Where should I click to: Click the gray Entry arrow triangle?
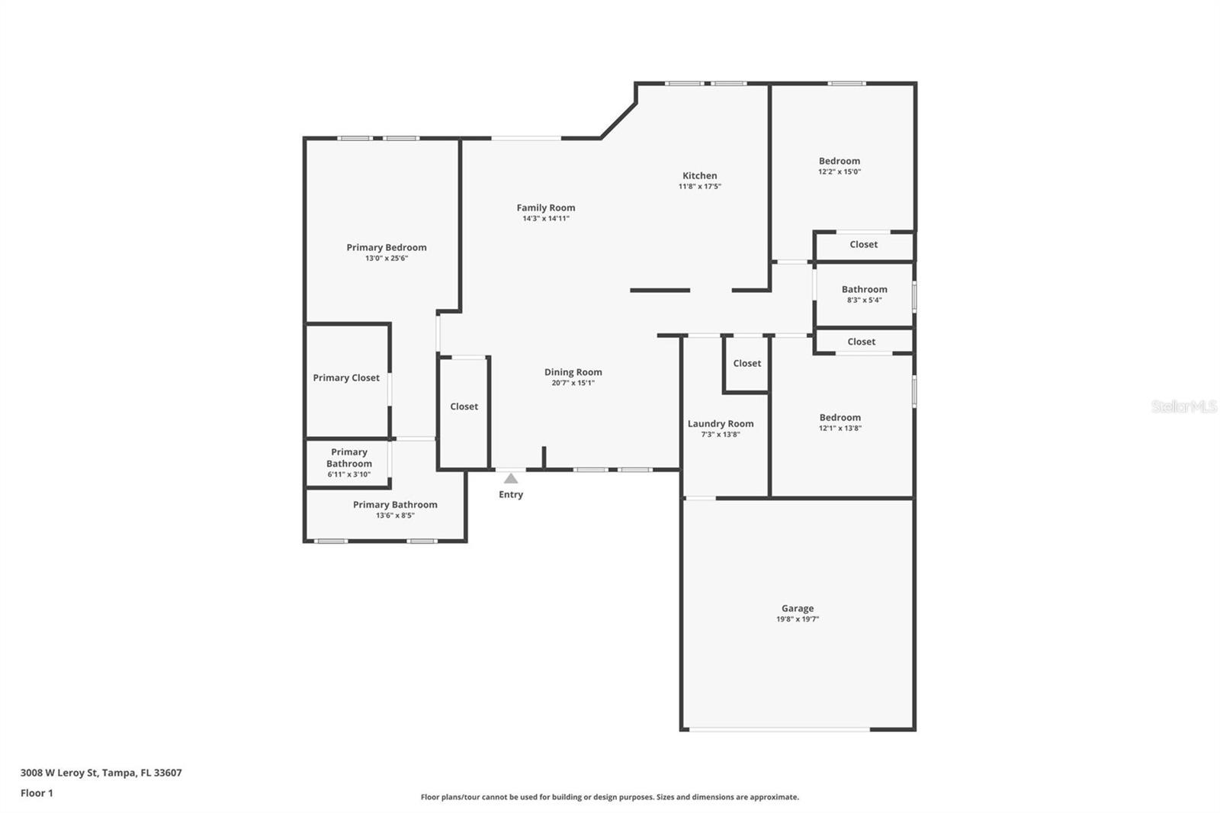[x=511, y=479]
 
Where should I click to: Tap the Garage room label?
[x=797, y=609]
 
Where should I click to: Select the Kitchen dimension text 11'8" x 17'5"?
[x=699, y=187]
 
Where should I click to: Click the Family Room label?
[x=545, y=207]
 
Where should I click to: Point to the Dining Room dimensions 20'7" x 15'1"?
[x=573, y=383]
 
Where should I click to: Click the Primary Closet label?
[x=346, y=378]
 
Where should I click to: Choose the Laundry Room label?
[x=720, y=423]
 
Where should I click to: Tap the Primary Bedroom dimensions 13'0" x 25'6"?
[x=387, y=259]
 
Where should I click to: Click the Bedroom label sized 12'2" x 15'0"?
[x=839, y=161]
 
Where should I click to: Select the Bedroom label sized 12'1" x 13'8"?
[x=840, y=417]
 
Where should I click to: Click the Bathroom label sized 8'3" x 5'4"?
[x=864, y=289]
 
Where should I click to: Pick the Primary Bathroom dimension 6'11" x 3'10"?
[x=348, y=474]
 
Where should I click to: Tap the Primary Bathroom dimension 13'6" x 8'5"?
[x=395, y=516]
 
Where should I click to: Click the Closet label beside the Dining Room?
[x=464, y=406]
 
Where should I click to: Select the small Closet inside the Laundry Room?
[x=746, y=363]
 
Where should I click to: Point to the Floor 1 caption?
[x=37, y=793]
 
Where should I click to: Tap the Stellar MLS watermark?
[x=1183, y=406]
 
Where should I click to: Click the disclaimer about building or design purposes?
[x=609, y=797]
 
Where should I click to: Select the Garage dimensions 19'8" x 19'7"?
[x=797, y=619]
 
